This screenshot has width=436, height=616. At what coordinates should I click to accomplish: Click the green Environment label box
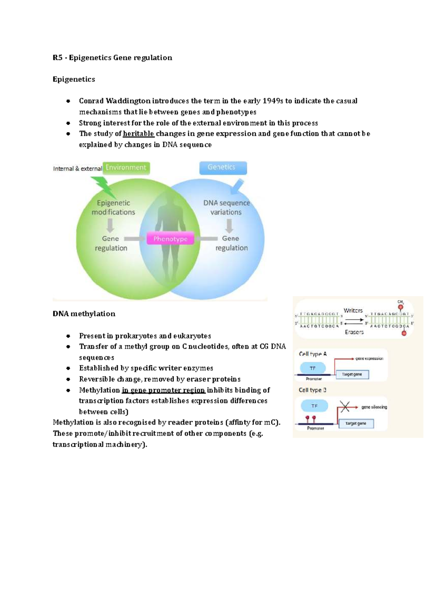point(126,168)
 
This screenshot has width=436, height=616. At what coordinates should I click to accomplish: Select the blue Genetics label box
point(223,167)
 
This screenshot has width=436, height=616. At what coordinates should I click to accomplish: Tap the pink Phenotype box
point(170,239)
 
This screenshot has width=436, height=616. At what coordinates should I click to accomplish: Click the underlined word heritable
point(138,134)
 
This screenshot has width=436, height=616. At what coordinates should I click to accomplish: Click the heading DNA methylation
point(84,314)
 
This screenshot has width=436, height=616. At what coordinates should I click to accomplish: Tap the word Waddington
point(128,101)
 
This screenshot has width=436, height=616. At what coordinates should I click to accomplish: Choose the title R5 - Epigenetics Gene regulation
point(112,58)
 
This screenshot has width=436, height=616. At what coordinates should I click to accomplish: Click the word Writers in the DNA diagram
point(353,311)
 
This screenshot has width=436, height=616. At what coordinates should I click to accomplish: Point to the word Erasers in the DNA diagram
point(354,332)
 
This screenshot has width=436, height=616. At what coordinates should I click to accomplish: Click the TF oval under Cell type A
point(312,368)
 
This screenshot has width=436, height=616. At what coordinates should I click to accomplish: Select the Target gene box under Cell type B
point(356,423)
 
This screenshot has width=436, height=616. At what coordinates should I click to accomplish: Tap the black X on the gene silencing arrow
point(345,406)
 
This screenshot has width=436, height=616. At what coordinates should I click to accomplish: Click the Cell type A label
point(312,354)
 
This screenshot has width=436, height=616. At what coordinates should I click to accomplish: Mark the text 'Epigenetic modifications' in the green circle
point(113,208)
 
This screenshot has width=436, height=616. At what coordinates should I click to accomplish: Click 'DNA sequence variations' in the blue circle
point(226,208)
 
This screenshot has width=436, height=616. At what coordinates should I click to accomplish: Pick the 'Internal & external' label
point(77,169)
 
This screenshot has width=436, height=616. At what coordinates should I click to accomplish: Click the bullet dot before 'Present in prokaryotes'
point(68,336)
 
